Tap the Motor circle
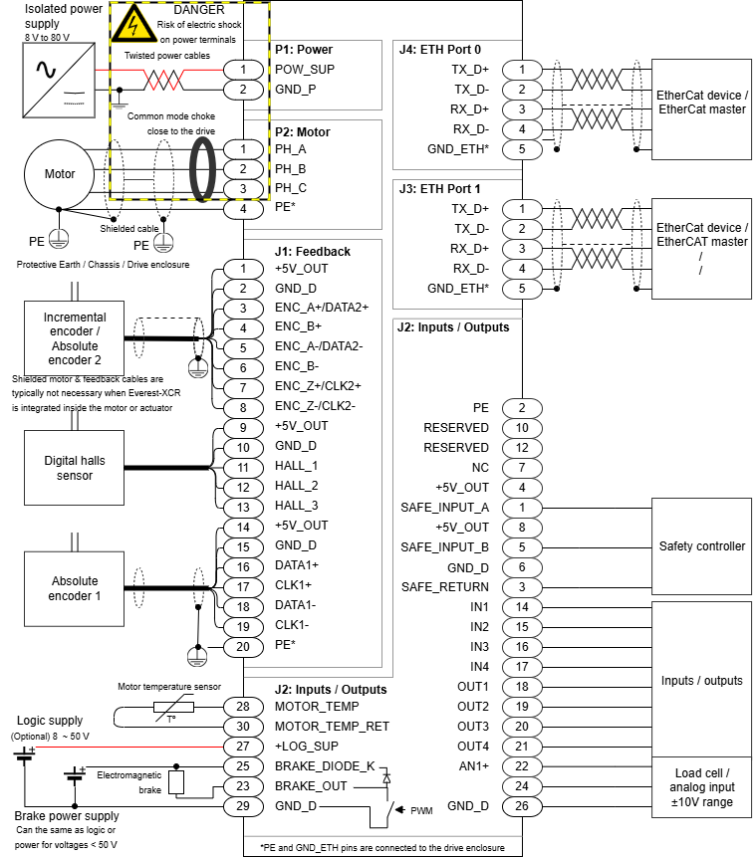point(60,174)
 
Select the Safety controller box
point(701,546)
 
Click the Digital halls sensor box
point(75,468)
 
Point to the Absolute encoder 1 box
point(75,588)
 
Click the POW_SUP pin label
point(303,69)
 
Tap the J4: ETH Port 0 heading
point(439,49)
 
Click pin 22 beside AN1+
point(522,766)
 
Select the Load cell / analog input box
point(701,787)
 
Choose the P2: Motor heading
point(302,131)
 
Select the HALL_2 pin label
point(296,486)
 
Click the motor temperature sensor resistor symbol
point(171,707)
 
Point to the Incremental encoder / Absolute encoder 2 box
point(75,338)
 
